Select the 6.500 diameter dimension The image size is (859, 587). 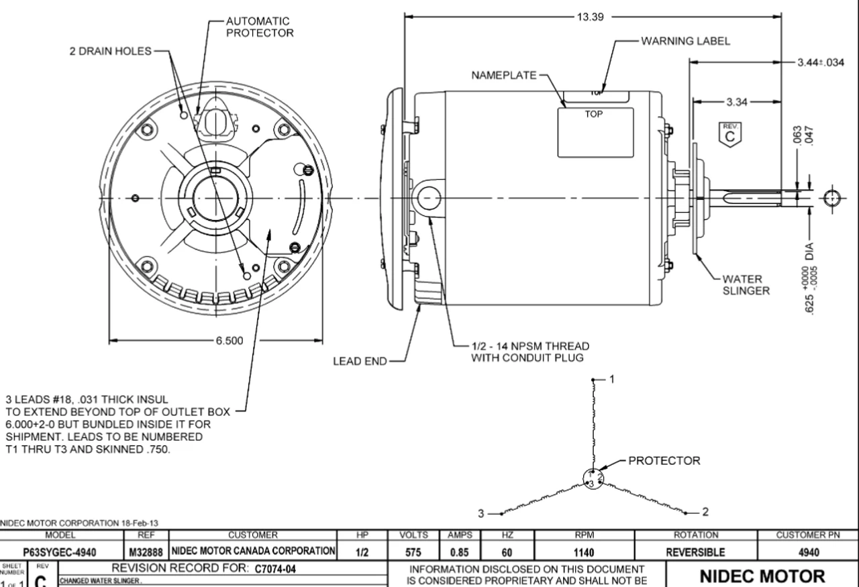pyautogui.click(x=230, y=341)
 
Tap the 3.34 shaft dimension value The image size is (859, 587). pyautogui.click(x=738, y=103)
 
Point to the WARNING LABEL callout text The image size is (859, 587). pyautogui.click(x=686, y=41)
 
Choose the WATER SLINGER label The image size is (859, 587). pyautogui.click(x=746, y=284)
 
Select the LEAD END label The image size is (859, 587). pyautogui.click(x=360, y=362)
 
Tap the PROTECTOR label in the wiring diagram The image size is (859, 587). pyautogui.click(x=664, y=461)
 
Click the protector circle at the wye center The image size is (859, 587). pyautogui.click(x=593, y=478)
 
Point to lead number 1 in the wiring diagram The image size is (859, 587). pyautogui.click(x=611, y=379)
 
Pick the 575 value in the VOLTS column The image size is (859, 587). pyautogui.click(x=413, y=551)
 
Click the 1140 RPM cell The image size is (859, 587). pyautogui.click(x=583, y=551)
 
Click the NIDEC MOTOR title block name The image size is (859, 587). pyautogui.click(x=762, y=576)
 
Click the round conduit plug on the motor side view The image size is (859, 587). pyautogui.click(x=427, y=198)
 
